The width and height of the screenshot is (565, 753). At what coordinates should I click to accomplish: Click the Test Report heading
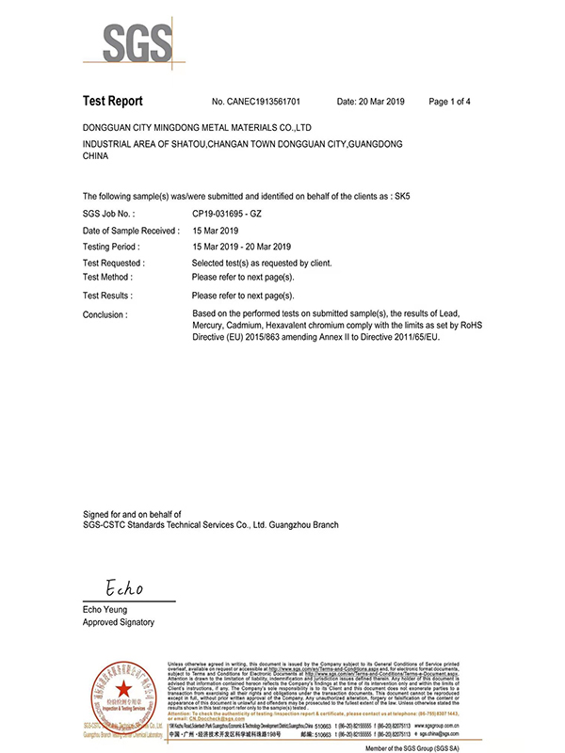pyautogui.click(x=112, y=101)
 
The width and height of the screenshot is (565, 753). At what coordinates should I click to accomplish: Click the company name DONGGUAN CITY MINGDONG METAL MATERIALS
pyautogui.click(x=198, y=126)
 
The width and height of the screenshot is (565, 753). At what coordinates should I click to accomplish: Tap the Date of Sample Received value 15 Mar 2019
pyautogui.click(x=217, y=230)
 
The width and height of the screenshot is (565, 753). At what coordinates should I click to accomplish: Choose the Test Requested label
pyautogui.click(x=114, y=263)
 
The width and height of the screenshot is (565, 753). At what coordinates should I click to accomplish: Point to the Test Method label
pyautogui.click(x=108, y=277)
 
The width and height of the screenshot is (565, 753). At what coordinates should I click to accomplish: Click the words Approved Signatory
pyautogui.click(x=120, y=623)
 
